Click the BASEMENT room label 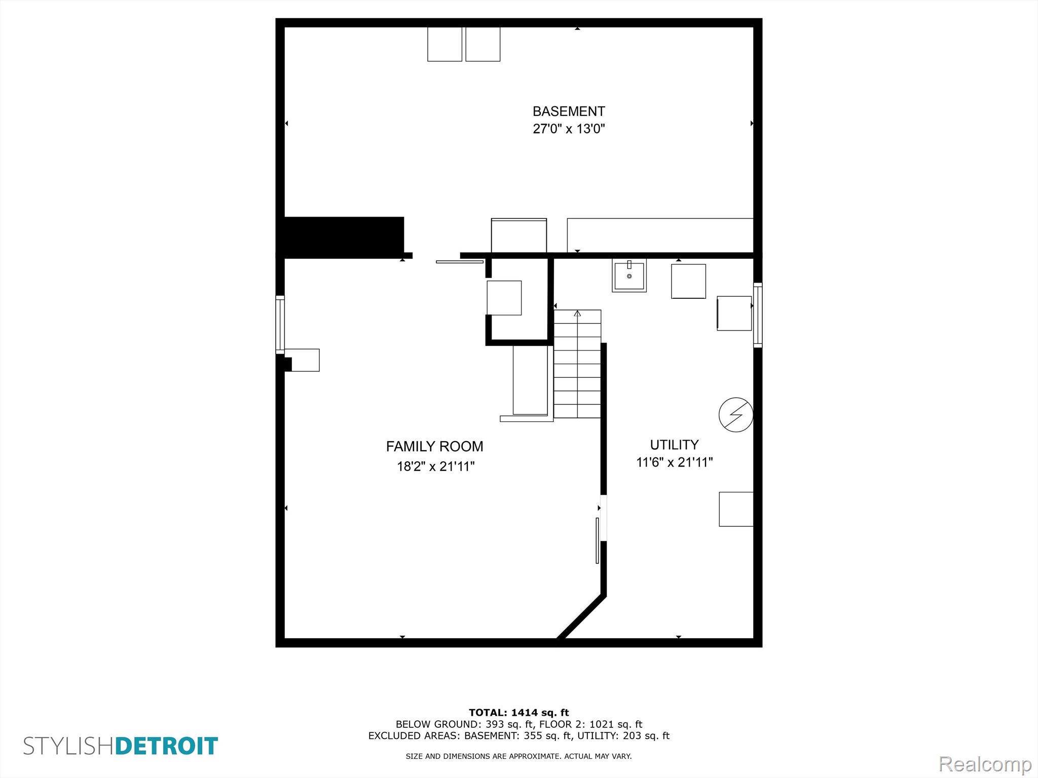[569, 111]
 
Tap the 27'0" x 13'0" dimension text [569, 129]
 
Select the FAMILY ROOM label [434, 446]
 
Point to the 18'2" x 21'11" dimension [435, 466]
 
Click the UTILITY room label [674, 445]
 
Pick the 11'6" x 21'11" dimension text [675, 462]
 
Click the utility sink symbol [629, 275]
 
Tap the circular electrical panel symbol [736, 415]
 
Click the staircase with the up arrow [577, 364]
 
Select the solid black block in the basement [344, 236]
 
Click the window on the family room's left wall [280, 325]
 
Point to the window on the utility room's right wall [758, 315]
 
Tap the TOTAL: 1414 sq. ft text [518, 713]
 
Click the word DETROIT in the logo [167, 746]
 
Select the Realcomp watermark [985, 764]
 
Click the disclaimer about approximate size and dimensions [518, 756]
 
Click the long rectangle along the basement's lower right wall [660, 235]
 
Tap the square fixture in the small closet [504, 298]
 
